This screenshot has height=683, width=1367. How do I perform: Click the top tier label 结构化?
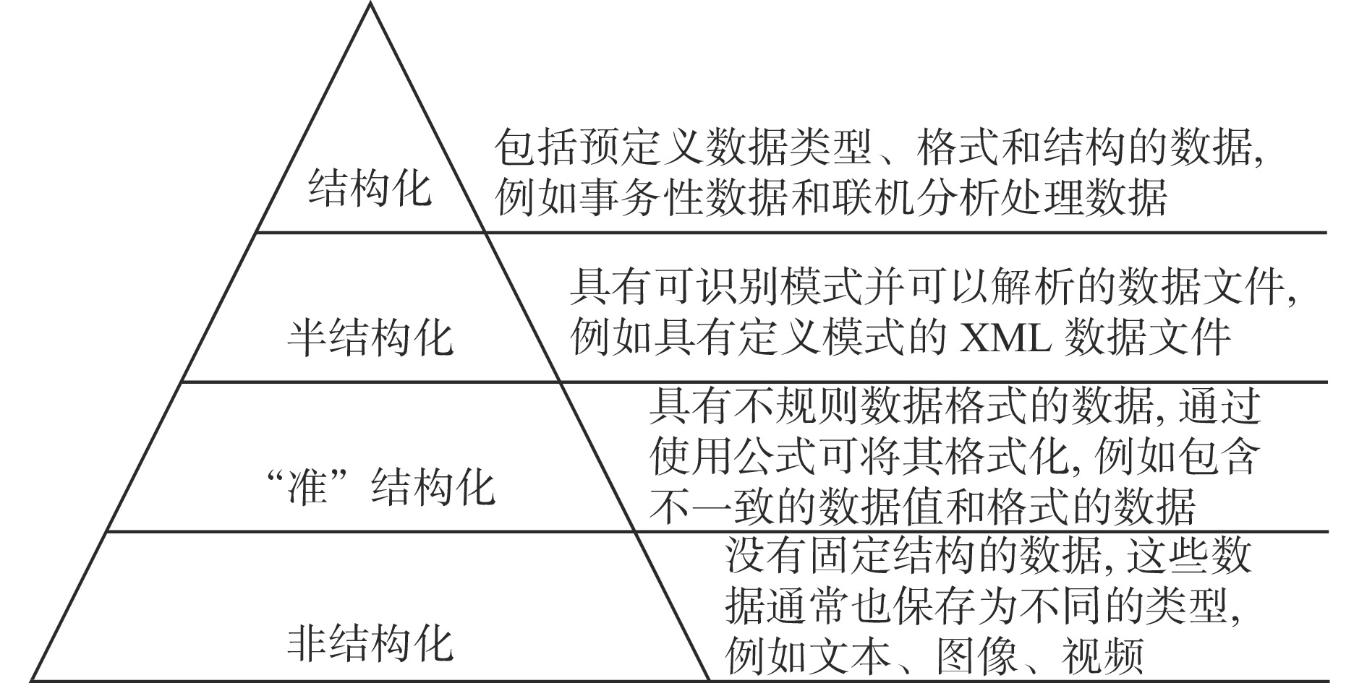[370, 189]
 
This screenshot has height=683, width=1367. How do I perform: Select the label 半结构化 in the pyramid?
[370, 338]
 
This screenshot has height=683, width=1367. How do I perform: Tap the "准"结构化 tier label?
[380, 487]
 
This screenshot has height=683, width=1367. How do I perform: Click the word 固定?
[851, 554]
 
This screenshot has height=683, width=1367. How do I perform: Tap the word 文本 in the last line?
[851, 654]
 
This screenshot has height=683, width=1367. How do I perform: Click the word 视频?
[1103, 654]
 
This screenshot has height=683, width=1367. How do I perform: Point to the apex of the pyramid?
[370, 2]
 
